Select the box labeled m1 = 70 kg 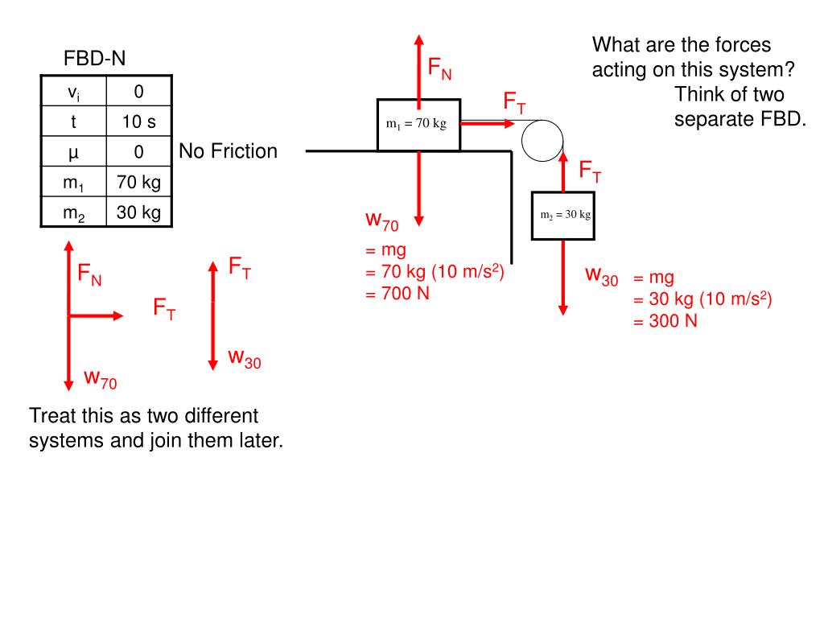click(x=418, y=125)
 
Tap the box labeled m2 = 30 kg click(x=563, y=215)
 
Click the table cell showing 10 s click(x=138, y=122)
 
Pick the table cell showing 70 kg click(x=138, y=183)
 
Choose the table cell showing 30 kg click(x=138, y=212)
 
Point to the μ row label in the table click(x=73, y=152)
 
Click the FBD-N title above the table click(x=95, y=59)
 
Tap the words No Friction click(x=228, y=151)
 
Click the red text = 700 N click(x=398, y=293)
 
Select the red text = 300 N click(x=665, y=320)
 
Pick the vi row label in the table click(x=73, y=93)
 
